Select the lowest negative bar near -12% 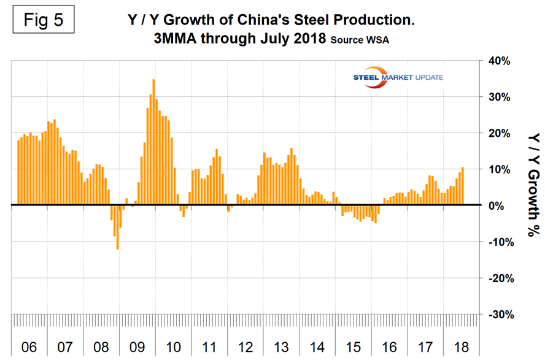coord(117,227)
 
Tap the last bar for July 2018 coord(462,186)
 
